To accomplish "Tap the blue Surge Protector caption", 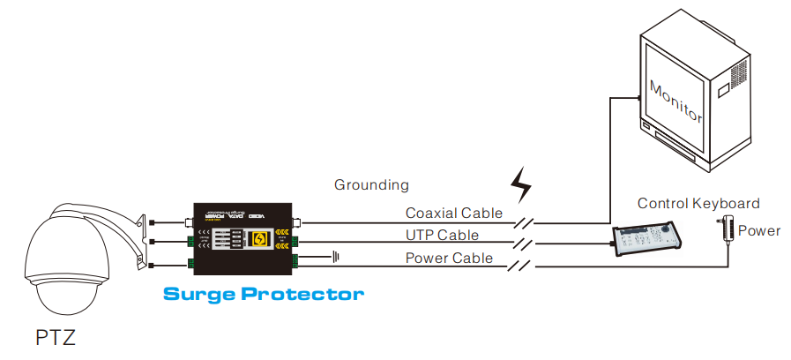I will pos(264,293).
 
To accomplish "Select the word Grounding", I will pos(371,185).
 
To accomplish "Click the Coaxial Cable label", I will pos(453,213).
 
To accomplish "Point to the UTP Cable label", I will pos(442,235).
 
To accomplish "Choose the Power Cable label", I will pos(449,259).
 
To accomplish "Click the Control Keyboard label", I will pos(698,203).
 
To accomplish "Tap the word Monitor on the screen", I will pos(675,101).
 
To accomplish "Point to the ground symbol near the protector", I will pos(336,258).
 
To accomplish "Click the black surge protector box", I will pos(243,239).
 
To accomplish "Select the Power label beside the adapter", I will pos(759,231).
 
